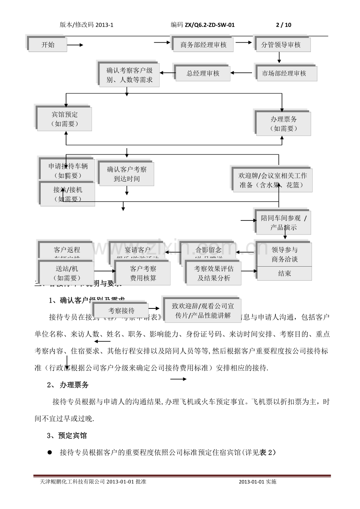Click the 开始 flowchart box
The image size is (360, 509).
coord(48,45)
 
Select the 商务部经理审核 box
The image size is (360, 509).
coord(203,45)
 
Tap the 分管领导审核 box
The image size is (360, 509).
coord(281,45)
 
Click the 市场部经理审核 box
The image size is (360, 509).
coord(287,73)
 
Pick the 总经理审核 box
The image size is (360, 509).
coord(203,73)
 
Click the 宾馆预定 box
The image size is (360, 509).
coord(65,119)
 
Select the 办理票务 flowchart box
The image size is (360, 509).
coord(283,124)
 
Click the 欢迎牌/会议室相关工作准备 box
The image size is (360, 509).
coord(273,180)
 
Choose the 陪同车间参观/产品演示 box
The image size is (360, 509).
coord(284,223)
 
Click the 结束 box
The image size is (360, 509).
coord(284,274)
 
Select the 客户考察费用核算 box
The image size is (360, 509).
coord(143,273)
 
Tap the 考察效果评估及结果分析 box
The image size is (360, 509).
coord(214,273)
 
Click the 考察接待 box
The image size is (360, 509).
coord(121,311)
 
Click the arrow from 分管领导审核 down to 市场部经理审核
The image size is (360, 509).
coord(279,57)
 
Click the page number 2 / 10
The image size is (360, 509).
coord(284,25)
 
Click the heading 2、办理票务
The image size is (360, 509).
coord(68,385)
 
